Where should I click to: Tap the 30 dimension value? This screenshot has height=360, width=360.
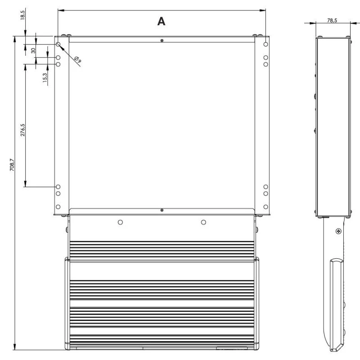(x=33, y=50)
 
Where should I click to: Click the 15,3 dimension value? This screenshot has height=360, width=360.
(x=44, y=77)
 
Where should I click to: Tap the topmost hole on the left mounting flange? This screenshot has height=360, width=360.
(x=58, y=45)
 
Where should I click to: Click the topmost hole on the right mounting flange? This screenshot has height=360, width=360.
(x=266, y=44)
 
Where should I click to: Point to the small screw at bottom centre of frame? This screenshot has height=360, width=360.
(x=162, y=210)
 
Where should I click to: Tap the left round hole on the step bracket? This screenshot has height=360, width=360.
(x=120, y=222)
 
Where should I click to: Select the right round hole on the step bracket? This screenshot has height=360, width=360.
(x=203, y=222)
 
